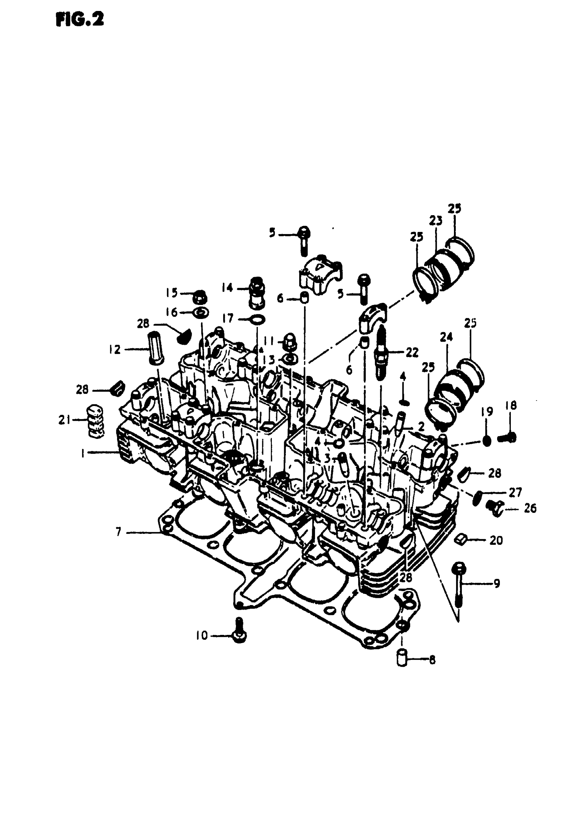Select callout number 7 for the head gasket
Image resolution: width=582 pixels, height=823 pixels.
[118, 532]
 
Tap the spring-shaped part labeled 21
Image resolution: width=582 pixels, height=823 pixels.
[96, 421]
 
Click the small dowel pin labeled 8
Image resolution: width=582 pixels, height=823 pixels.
[403, 659]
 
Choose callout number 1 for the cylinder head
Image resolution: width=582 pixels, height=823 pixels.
[83, 453]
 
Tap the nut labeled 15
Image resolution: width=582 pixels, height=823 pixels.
[200, 297]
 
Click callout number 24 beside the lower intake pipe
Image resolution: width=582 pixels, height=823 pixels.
[446, 337]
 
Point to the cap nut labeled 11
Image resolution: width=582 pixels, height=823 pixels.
[289, 343]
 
